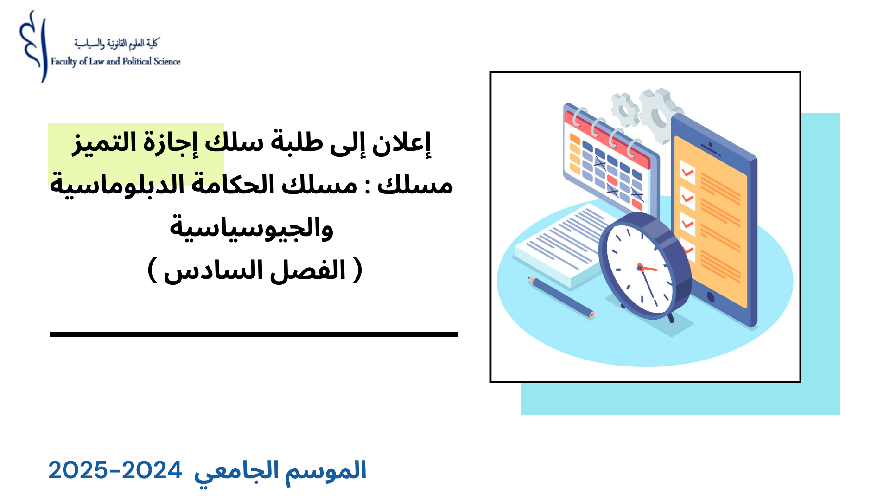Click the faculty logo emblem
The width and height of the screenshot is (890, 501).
33,46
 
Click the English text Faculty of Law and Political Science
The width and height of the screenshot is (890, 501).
115,62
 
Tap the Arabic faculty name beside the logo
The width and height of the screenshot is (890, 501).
116,44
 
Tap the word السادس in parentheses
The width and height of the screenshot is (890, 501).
214,270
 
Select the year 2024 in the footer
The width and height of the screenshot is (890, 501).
152,471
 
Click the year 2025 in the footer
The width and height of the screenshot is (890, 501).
78,471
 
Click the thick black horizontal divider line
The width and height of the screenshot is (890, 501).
254,334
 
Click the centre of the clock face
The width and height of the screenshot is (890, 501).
640,268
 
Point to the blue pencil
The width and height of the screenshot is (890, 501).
561,297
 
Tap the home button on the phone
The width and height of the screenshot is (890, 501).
710,296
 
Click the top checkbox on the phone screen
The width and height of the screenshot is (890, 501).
687,173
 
